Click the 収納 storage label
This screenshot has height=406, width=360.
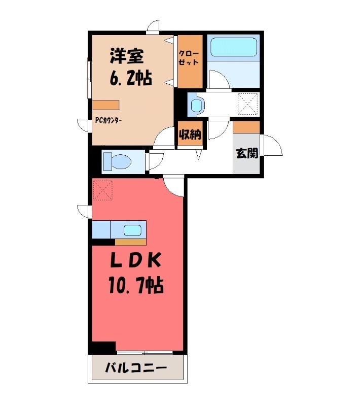(190, 134)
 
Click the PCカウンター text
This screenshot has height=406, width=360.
(109, 121)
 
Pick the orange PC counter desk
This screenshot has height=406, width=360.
(106, 105)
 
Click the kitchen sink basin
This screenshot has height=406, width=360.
(133, 230)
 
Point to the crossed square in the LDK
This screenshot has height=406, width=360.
(102, 191)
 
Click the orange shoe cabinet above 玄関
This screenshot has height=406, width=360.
(246, 126)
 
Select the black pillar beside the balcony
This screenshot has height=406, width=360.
(103, 348)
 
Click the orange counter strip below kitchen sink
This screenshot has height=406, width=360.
(130, 242)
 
